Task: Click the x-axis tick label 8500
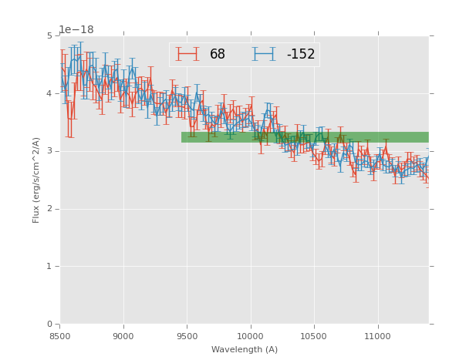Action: tap(60, 336)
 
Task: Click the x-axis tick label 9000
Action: tap(123, 336)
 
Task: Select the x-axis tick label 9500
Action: tap(187, 336)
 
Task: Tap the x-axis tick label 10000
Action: tap(250, 336)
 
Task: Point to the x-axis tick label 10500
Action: tap(313, 336)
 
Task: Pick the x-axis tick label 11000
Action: tap(377, 336)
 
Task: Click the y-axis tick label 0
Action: tap(50, 325)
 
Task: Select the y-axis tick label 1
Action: tap(50, 267)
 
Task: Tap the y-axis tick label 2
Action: tap(50, 209)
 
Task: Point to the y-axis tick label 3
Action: tap(50, 151)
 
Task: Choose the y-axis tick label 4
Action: tap(50, 93)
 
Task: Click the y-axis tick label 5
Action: tap(50, 36)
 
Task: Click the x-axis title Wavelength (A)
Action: tap(245, 349)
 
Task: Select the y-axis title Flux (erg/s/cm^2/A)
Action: tap(36, 180)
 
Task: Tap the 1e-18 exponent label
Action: tap(76, 29)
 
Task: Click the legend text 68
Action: tap(218, 54)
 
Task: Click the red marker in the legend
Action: tap(187, 54)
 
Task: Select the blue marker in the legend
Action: tap(265, 54)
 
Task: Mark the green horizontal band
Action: tap(305, 137)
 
